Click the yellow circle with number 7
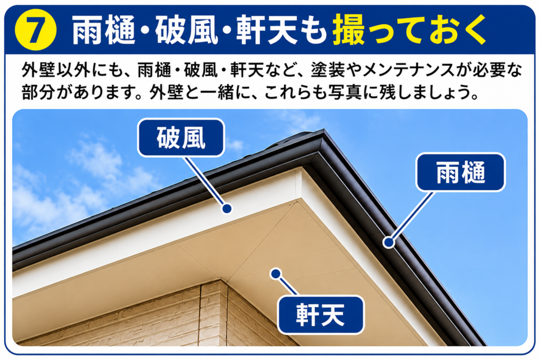coord(35,30)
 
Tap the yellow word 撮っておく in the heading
coord(409,30)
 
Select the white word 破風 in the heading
coord(186,30)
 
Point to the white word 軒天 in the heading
coord(266,30)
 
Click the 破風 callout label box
coord(181,138)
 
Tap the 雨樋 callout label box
coord(460,172)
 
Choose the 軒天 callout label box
coord(321,315)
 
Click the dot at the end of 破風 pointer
coord(227,209)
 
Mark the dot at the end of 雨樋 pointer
coord(389,242)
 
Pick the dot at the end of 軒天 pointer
coord(275,274)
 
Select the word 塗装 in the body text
coord(327,70)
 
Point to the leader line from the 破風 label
coord(205,182)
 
